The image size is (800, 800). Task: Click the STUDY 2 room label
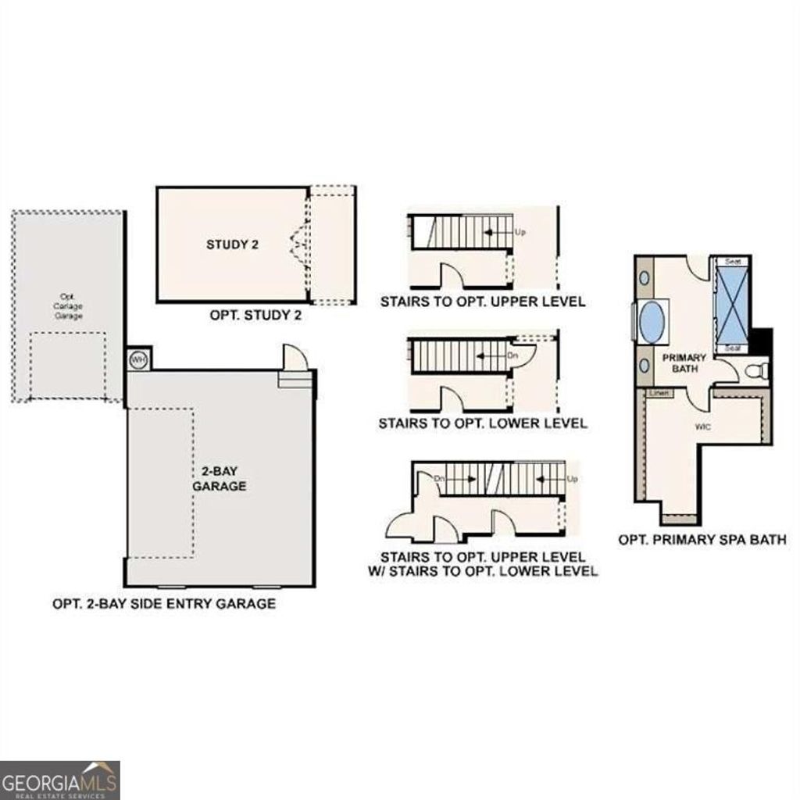coord(232,245)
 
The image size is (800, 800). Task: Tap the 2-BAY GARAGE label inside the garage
coord(220,478)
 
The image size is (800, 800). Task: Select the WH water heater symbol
coord(138,359)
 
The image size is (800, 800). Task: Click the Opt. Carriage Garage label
coord(67,306)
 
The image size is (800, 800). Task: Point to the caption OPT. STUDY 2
coord(255,316)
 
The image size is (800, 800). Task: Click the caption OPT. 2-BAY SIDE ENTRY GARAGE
coord(163,603)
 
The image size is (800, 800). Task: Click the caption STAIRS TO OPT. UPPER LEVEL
coord(482,302)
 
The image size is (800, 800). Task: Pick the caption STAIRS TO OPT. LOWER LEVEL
coord(483,423)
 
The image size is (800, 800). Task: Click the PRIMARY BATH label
coord(684,362)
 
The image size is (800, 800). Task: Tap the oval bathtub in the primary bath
coord(652,320)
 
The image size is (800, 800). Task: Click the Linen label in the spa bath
coord(659,393)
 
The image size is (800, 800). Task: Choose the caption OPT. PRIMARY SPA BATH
coord(702,539)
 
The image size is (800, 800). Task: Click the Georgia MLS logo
coord(59,780)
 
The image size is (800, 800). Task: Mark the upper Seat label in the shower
coord(733,262)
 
